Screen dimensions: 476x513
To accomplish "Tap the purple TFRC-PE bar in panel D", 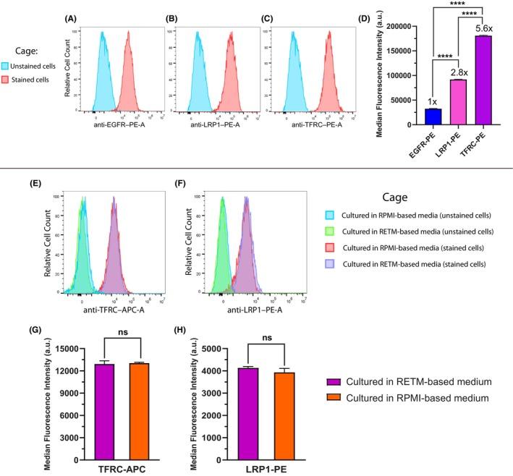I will (484, 80).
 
